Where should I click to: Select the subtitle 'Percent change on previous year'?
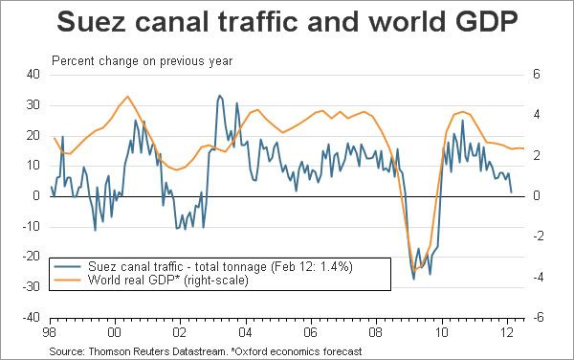[x=143, y=60]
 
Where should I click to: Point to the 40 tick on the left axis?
[x=33, y=75]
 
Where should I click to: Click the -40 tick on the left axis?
[x=31, y=317]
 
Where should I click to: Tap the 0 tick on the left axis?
[x=36, y=196]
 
